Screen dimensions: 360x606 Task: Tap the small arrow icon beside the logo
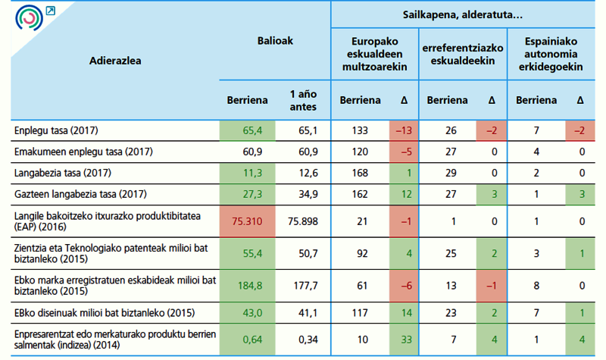tap(51, 10)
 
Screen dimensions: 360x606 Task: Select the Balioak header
tap(274, 41)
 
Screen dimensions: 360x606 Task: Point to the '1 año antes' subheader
tap(303, 100)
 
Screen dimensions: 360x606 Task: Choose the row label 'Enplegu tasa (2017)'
tap(57, 130)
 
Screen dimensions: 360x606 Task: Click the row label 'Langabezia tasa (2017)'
tap(63, 172)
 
